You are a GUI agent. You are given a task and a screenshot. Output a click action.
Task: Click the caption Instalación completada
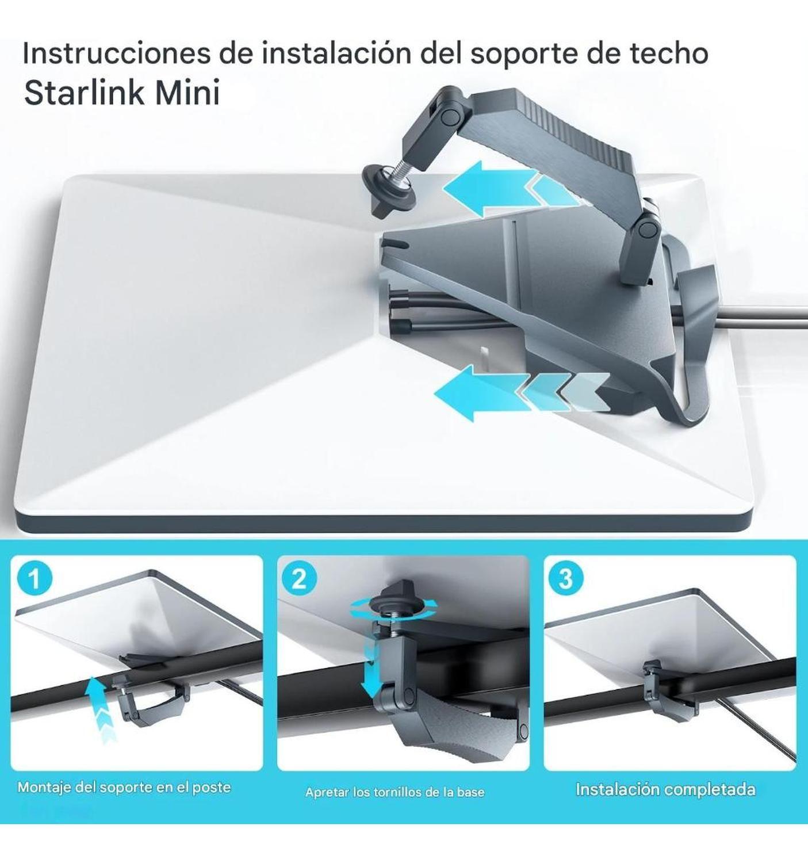[665, 789]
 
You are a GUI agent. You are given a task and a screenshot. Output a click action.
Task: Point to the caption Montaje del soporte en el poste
[124, 787]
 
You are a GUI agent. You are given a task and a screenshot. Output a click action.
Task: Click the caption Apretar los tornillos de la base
[395, 792]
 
